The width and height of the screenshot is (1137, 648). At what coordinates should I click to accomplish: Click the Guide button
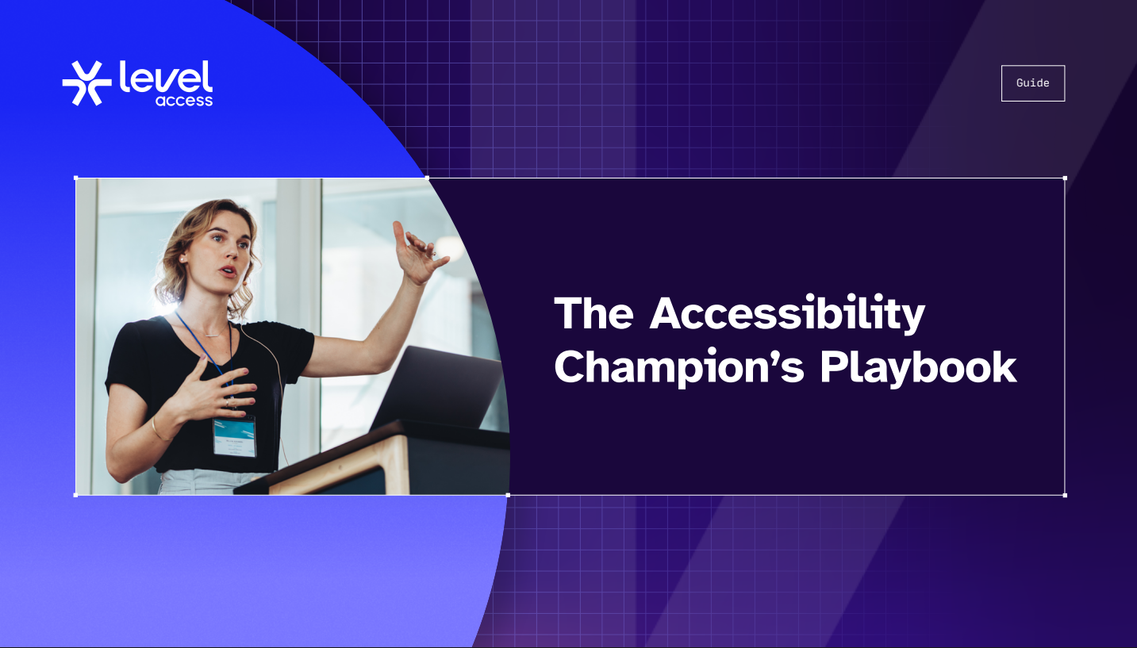[1033, 83]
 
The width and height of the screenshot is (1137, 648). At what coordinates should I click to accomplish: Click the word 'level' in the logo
[166, 77]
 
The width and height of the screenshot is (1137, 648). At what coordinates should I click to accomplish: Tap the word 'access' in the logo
[184, 101]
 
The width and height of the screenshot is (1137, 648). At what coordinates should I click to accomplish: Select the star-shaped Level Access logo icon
[86, 83]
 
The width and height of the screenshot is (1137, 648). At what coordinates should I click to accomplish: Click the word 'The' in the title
[593, 313]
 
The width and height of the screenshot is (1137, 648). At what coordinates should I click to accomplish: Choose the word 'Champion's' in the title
[679, 368]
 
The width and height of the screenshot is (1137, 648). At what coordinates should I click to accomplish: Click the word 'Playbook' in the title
[919, 368]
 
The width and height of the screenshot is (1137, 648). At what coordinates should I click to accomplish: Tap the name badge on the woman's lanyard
[234, 437]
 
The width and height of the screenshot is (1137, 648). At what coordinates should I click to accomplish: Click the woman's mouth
[229, 271]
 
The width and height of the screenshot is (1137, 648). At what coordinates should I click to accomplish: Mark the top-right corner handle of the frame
[1065, 178]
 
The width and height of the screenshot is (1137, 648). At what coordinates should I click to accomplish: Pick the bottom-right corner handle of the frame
[1065, 495]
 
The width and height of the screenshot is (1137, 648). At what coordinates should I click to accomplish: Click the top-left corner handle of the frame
[76, 178]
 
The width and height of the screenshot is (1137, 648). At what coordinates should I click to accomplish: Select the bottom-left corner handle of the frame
[76, 495]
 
